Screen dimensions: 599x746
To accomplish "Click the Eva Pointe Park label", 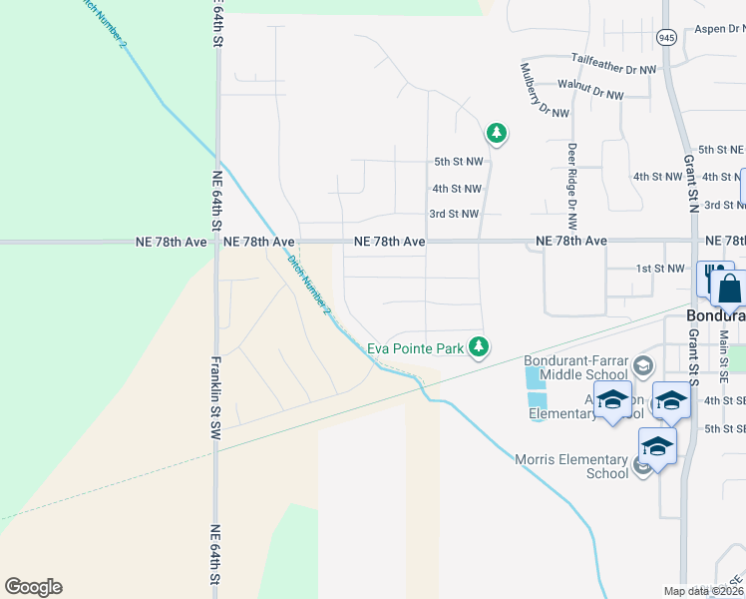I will [x=416, y=348].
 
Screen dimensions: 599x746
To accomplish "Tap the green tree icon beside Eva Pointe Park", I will [x=480, y=346].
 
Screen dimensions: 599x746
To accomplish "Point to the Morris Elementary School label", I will [x=571, y=466].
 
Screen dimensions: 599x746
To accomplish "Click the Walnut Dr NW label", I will [x=590, y=92].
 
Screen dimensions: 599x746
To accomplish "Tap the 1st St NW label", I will [x=661, y=269].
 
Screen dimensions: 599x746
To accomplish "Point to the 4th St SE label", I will [x=724, y=400].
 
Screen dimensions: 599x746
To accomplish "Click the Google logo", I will [x=33, y=587].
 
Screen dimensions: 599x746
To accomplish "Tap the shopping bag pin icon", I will [x=730, y=289].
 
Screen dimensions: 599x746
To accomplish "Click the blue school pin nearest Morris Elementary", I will [x=657, y=446].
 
